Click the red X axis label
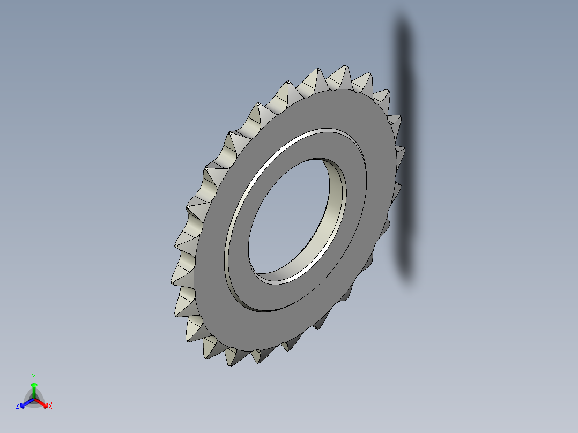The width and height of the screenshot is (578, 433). point(50,406)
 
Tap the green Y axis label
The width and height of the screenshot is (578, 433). point(34,377)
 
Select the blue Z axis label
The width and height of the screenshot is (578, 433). point(18,406)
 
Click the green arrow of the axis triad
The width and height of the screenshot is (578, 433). point(34,387)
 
